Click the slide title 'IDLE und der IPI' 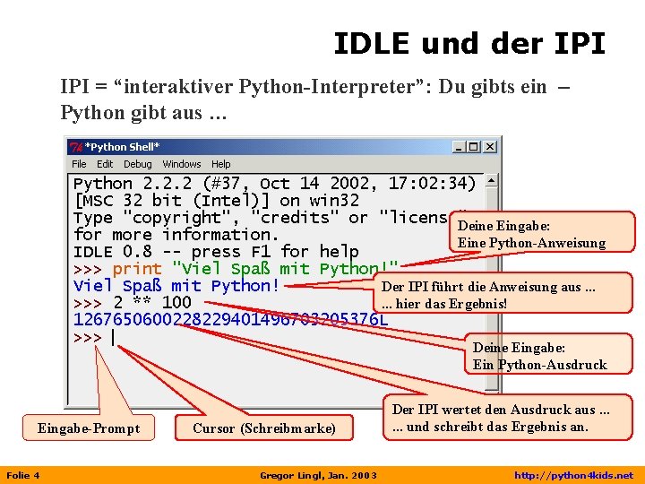click(469, 42)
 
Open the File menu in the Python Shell click(79, 164)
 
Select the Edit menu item click(105, 164)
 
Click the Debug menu click(137, 164)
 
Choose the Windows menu click(182, 164)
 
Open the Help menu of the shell click(221, 164)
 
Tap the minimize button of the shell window click(460, 147)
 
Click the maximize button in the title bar click(475, 147)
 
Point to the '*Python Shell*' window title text click(124, 147)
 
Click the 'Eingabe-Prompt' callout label click(89, 428)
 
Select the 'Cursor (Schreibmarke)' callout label click(264, 428)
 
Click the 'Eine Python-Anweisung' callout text click(531, 243)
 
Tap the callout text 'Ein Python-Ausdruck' click(540, 365)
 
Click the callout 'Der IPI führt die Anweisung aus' click(488, 287)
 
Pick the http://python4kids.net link click(572, 475)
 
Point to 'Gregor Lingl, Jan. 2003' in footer click(318, 475)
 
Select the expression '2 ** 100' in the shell click(152, 303)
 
